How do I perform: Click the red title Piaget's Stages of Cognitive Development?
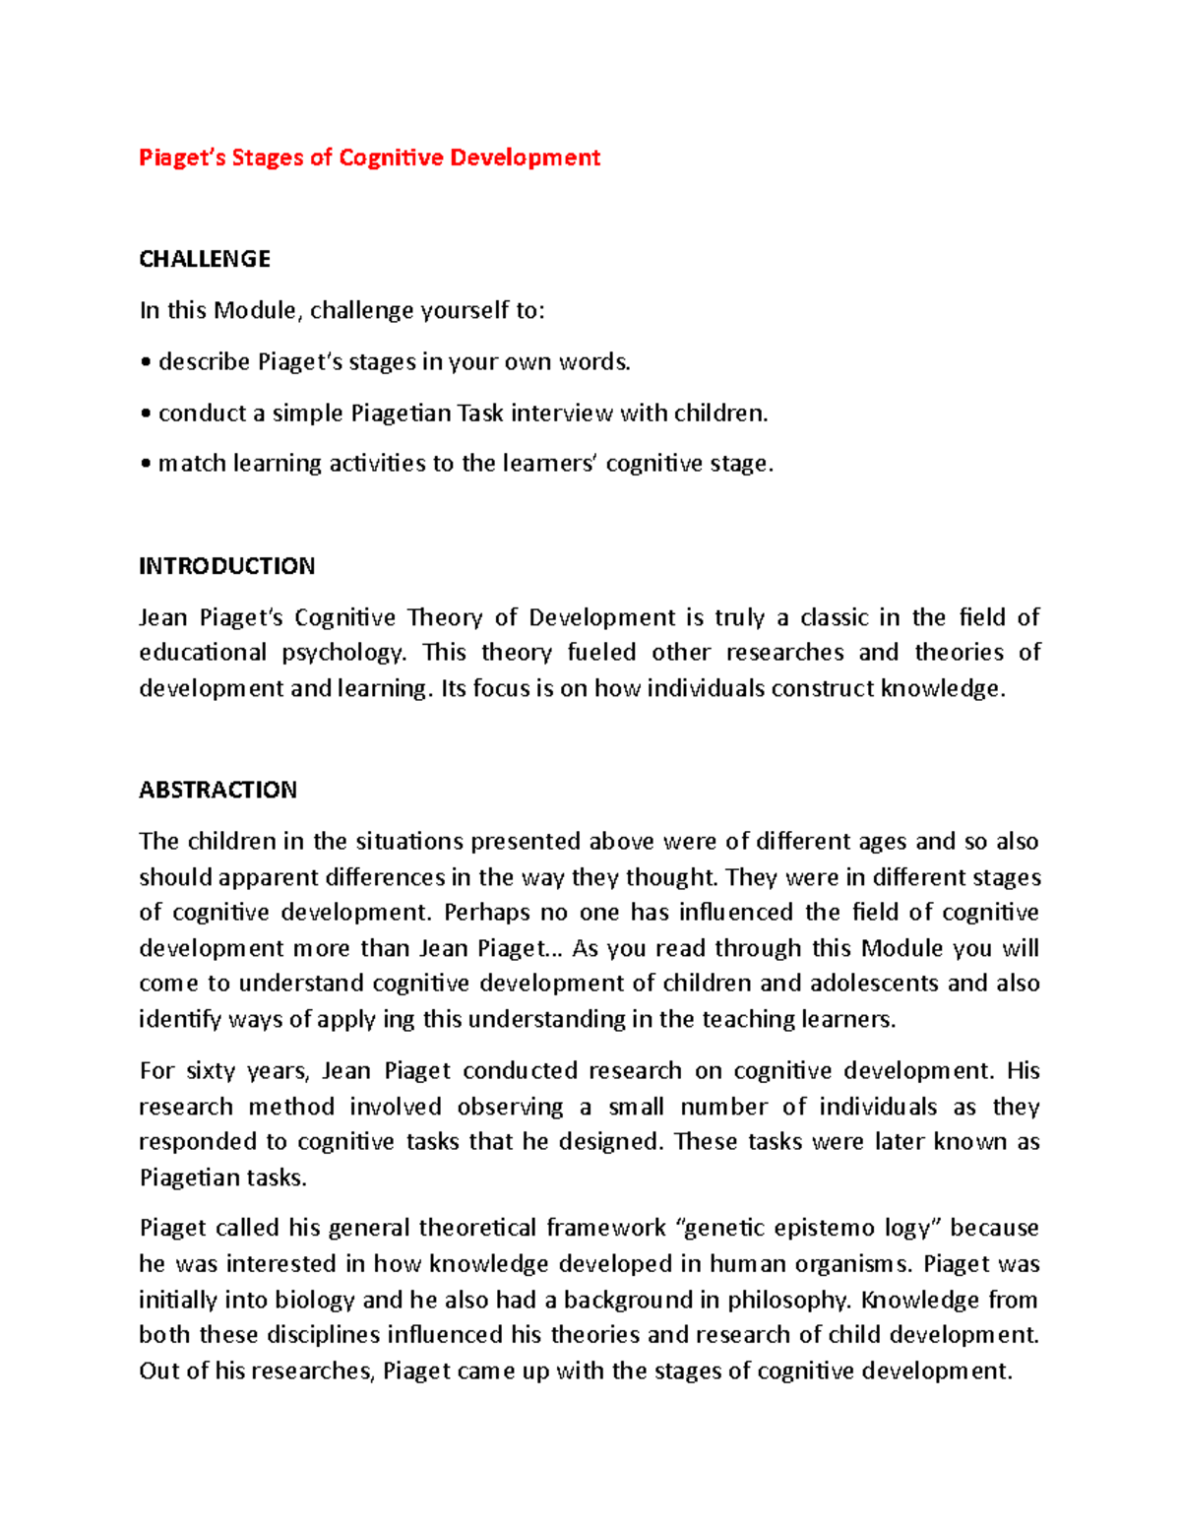369,158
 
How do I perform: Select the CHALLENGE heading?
205,259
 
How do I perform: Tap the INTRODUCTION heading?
226,566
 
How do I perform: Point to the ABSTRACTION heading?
218,790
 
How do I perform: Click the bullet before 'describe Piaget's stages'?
146,363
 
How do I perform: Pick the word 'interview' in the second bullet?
561,414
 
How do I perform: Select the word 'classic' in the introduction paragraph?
834,617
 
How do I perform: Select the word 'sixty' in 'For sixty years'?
212,1071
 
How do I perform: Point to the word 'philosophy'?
788,1300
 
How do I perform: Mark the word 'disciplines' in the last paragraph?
308,1335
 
